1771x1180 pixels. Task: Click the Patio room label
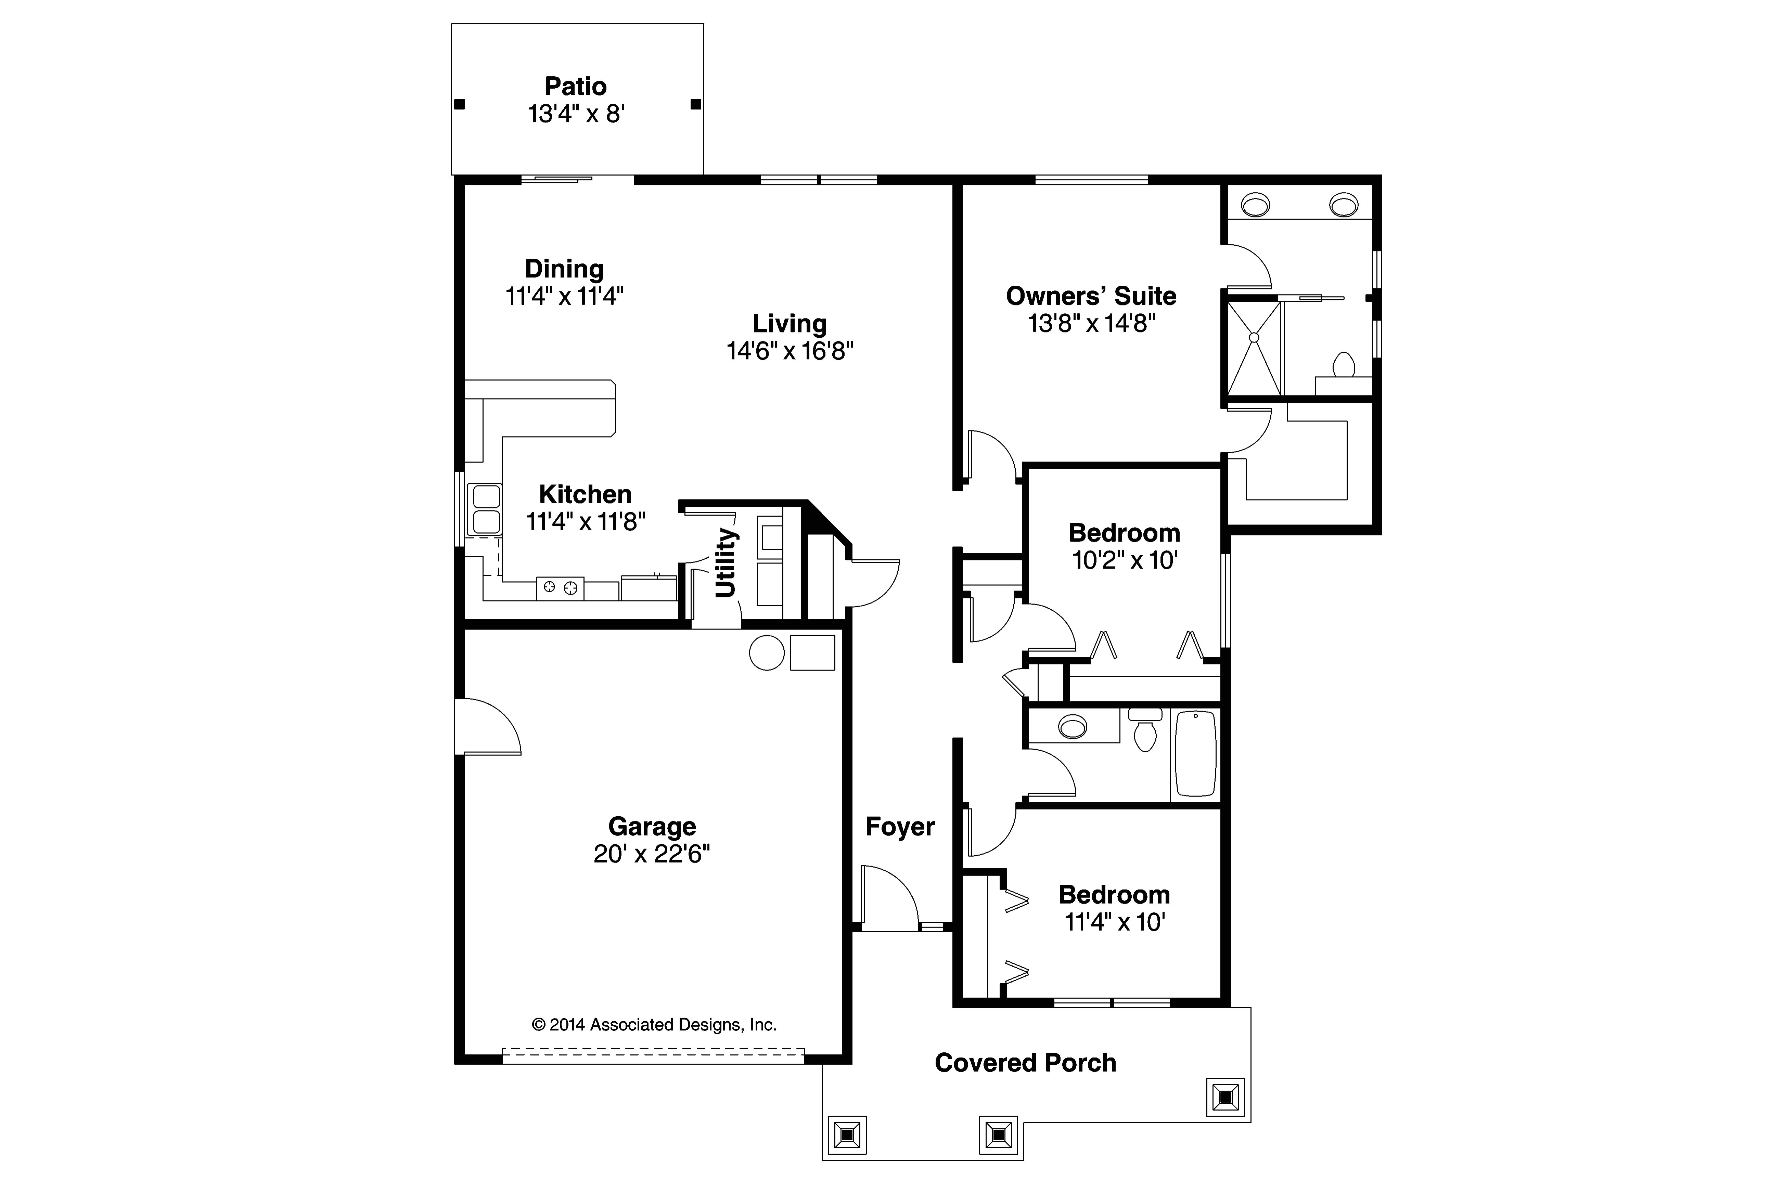(576, 87)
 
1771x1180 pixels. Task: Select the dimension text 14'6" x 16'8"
(790, 351)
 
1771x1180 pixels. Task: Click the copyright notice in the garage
(653, 1024)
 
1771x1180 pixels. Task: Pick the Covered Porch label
(1025, 1063)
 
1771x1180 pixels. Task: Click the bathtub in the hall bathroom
(1195, 754)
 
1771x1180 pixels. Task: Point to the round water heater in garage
(767, 652)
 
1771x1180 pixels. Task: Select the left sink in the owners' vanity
(1255, 204)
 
